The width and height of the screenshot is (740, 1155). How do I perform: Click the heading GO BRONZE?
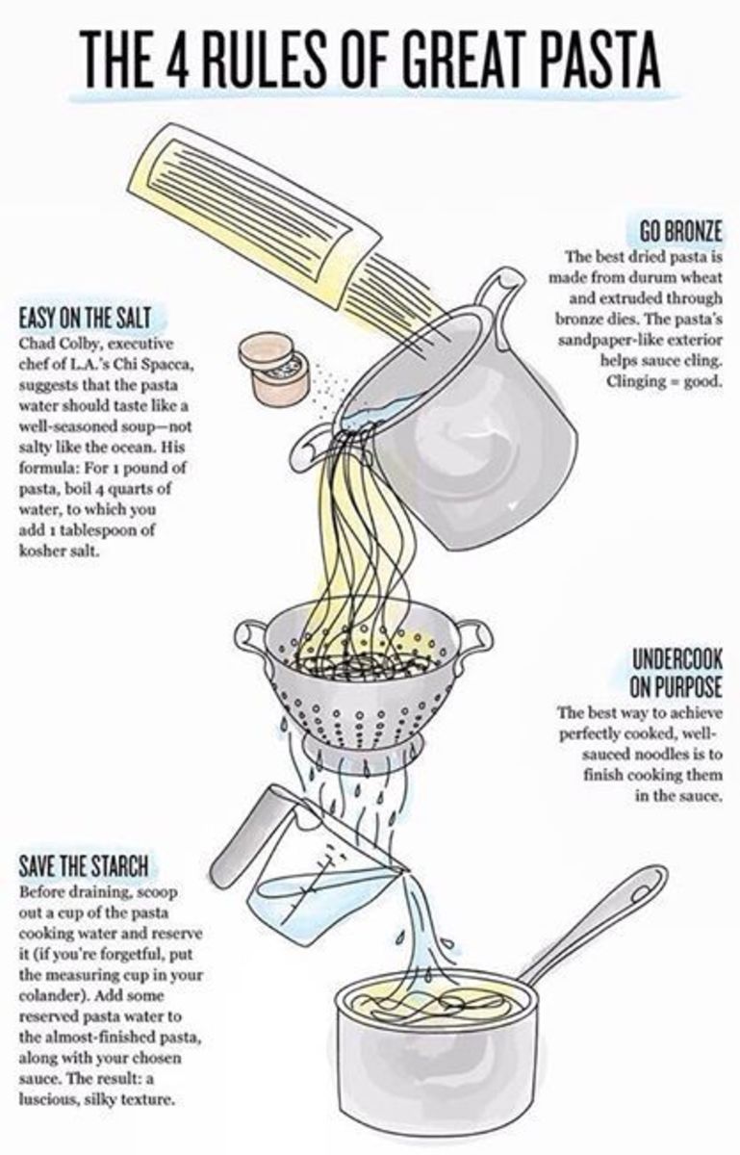[x=680, y=234]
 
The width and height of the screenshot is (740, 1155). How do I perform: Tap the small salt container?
[x=274, y=367]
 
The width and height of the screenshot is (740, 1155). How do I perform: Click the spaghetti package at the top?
[x=258, y=217]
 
